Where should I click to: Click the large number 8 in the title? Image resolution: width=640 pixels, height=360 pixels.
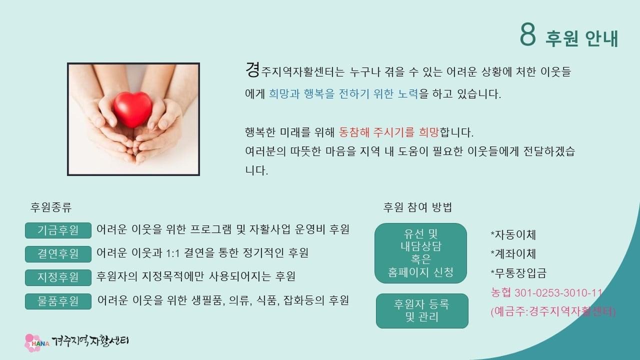[x=527, y=35]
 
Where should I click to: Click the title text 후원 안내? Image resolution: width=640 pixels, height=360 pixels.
[x=582, y=38]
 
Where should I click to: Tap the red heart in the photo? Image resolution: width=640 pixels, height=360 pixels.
[x=133, y=109]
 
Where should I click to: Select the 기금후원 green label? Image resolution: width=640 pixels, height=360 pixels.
[x=58, y=230]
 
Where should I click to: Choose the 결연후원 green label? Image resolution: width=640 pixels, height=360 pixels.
[x=58, y=254]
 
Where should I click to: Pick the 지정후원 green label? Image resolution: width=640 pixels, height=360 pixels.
[x=58, y=277]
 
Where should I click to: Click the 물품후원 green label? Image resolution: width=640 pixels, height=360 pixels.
[x=58, y=301]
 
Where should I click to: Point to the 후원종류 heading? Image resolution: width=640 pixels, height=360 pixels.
[x=51, y=207]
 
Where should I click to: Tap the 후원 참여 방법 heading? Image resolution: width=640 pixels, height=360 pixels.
[x=417, y=207]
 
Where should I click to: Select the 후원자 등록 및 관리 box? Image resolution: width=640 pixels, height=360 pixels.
[x=422, y=311]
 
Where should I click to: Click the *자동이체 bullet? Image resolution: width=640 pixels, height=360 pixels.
[x=513, y=235]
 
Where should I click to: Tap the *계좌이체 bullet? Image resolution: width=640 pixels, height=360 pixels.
[x=513, y=253]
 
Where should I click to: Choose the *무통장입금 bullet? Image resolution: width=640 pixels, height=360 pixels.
[x=518, y=273]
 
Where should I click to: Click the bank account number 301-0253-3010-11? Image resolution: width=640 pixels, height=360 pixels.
[x=558, y=293]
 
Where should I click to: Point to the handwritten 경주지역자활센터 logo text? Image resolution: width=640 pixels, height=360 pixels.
[x=90, y=341]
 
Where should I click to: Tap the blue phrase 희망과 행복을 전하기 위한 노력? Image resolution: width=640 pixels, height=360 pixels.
[x=343, y=93]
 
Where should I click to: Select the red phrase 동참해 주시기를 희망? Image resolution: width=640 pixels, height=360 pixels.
[x=388, y=132]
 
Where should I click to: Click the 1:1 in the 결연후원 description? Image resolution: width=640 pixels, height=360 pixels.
[x=172, y=253]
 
